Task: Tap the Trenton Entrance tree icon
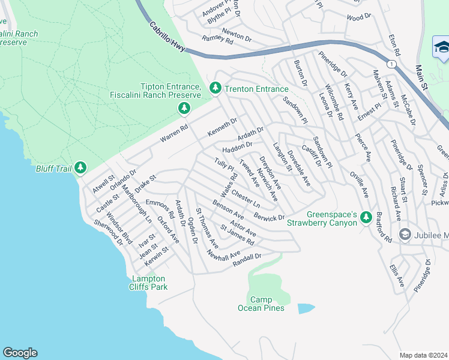pos(215,88)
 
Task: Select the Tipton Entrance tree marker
pos(184,108)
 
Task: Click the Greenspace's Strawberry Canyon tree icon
pos(364,216)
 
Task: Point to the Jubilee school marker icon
pos(404,233)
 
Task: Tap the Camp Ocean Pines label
pos(261,304)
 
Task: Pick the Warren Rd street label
pos(174,133)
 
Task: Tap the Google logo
pos(20,353)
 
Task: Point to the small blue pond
pos(306,308)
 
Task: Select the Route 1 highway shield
pos(391,64)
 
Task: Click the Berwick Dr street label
pos(268,215)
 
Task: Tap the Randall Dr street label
pos(247,259)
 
